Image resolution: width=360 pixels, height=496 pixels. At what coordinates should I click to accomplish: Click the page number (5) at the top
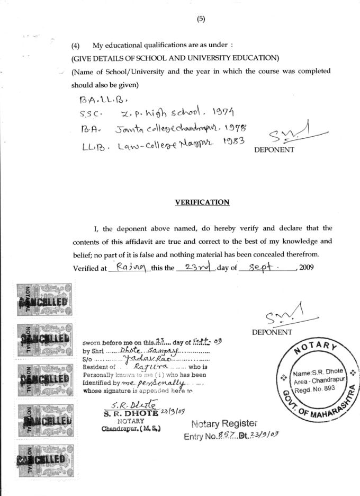(201, 19)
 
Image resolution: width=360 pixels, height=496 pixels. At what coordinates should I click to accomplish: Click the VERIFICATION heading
(202, 202)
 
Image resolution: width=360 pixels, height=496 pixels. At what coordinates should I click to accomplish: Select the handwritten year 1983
(229, 143)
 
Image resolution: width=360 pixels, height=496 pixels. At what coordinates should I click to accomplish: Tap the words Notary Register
(225, 424)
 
